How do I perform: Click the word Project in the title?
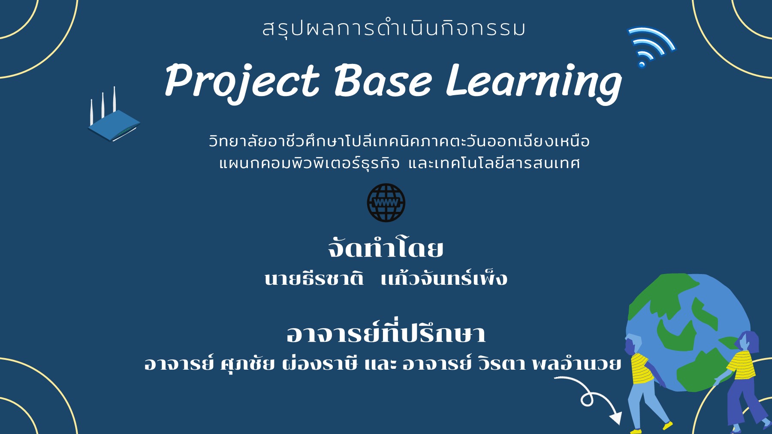click(242, 81)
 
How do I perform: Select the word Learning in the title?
click(534, 81)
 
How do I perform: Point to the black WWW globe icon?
click(386, 202)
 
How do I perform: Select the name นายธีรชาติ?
click(314, 279)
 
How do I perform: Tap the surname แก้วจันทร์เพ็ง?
click(444, 279)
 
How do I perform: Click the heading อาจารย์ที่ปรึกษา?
click(386, 333)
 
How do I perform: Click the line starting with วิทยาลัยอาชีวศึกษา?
click(399, 141)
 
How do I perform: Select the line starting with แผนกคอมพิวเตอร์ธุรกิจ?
click(399, 163)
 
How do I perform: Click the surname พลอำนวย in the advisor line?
click(576, 364)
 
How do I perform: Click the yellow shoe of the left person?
click(667, 425)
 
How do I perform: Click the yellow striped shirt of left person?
click(641, 369)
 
